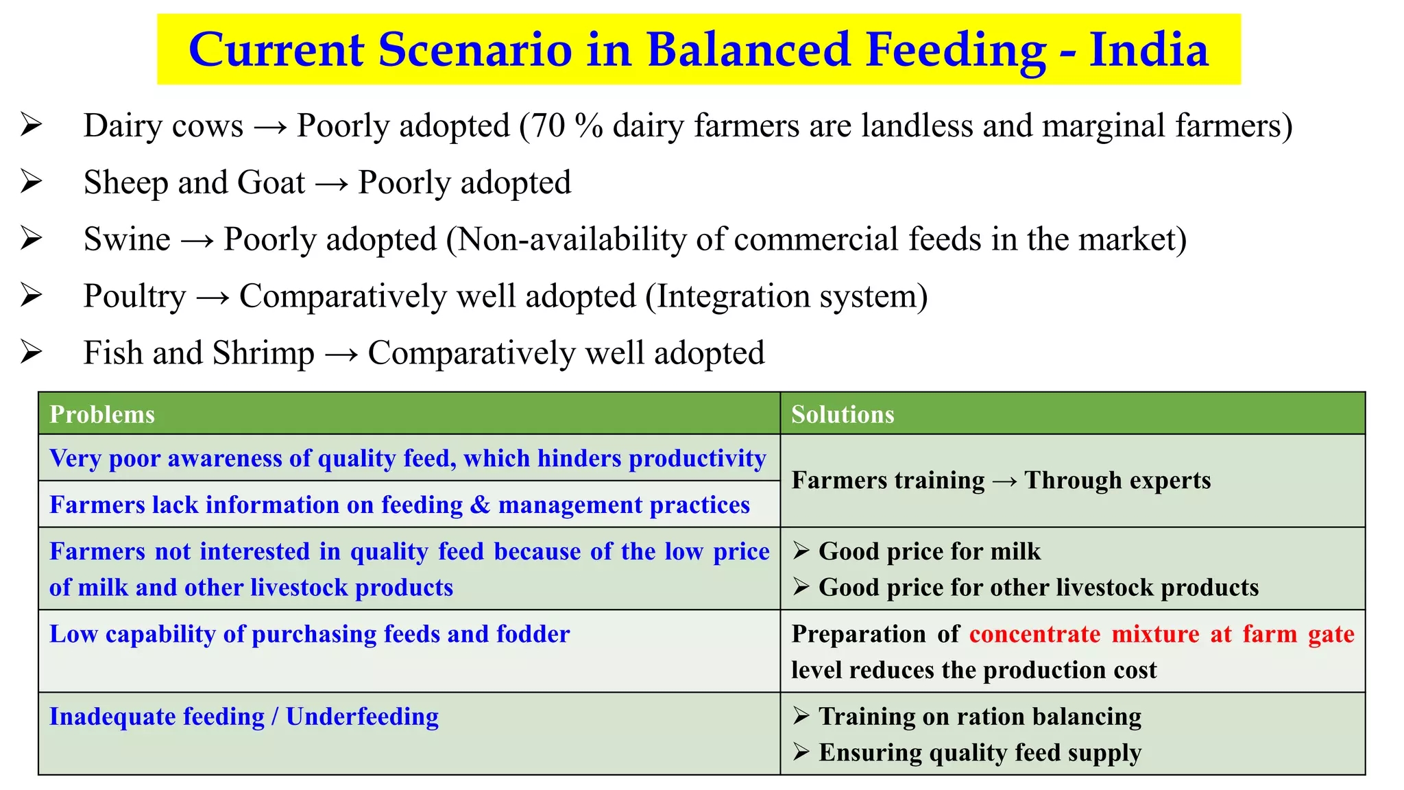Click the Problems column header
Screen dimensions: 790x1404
point(102,415)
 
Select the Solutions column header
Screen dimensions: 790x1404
point(843,415)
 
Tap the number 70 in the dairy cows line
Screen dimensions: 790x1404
point(548,126)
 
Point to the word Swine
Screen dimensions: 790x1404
point(127,240)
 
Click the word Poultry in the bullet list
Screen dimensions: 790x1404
point(134,297)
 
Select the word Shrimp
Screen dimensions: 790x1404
point(263,354)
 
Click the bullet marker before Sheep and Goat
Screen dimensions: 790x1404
point(32,183)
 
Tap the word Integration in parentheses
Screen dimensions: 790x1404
point(731,297)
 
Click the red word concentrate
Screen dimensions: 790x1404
point(1034,634)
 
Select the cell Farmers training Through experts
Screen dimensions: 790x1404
point(1001,481)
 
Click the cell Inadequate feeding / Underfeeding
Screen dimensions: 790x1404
point(244,717)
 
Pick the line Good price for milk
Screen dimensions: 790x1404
point(929,551)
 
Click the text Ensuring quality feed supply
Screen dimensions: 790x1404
point(980,753)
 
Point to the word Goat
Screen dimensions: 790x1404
point(271,183)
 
